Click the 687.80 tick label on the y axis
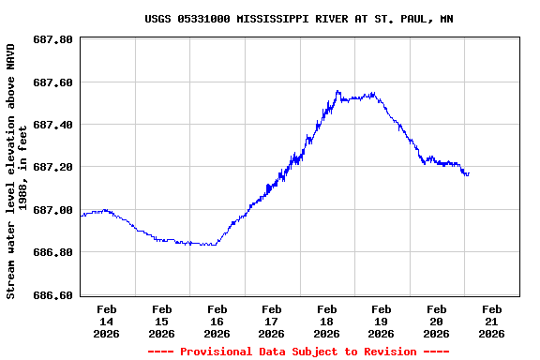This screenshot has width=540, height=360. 52,39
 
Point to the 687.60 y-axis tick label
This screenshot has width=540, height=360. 52,82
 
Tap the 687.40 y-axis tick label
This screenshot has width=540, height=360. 52,125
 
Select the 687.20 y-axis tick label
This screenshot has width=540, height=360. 52,167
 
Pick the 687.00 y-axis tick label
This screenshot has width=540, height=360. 52,210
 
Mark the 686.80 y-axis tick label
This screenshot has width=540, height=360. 52,252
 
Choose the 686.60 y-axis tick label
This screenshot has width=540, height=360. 52,295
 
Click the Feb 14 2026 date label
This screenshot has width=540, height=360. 107,321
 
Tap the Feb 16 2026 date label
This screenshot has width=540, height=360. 217,321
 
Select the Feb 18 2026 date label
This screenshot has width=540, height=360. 326,321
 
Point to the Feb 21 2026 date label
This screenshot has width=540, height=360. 492,321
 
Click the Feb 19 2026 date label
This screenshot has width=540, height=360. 381,321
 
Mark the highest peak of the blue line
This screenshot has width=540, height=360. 337,91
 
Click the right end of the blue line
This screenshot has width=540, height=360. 469,173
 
